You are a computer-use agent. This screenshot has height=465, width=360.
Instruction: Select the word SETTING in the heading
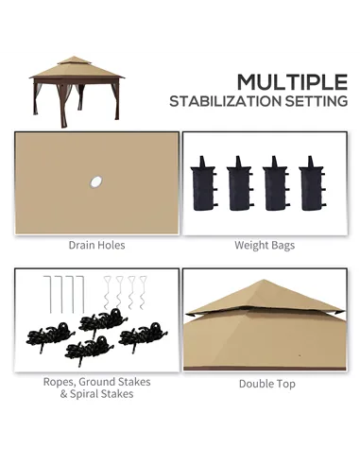(313, 101)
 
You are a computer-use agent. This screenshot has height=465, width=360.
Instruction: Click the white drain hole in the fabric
(95, 180)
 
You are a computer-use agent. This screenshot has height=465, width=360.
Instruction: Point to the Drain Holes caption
(96, 245)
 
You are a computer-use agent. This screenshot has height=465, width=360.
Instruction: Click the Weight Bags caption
(264, 245)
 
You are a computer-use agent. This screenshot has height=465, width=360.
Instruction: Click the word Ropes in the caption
(59, 382)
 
